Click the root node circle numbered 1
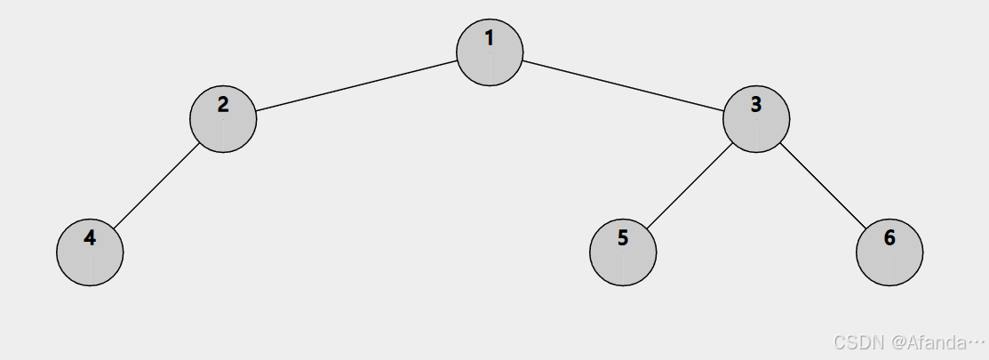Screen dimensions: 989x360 coord(490,53)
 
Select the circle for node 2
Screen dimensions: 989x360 coord(223,119)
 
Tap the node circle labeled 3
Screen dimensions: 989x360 coord(756,119)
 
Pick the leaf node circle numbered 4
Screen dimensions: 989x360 coord(90,252)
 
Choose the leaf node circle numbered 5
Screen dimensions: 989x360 coord(623,252)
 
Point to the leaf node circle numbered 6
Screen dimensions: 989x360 coord(889,252)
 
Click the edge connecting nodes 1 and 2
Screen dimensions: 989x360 coord(356,86)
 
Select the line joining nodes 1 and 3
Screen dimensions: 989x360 coord(623,86)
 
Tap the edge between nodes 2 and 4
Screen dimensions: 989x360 coord(156,186)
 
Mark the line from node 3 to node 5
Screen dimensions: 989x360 coord(690,186)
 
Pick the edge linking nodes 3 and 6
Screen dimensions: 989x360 coord(823,186)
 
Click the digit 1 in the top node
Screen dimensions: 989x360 coord(490,38)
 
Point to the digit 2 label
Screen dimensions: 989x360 coord(223,104)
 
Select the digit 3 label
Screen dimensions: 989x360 coord(756,104)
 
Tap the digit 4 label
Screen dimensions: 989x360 coord(90,237)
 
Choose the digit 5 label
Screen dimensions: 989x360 coord(623,237)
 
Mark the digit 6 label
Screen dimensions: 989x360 coord(889,237)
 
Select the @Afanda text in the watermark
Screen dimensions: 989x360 coord(928,342)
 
